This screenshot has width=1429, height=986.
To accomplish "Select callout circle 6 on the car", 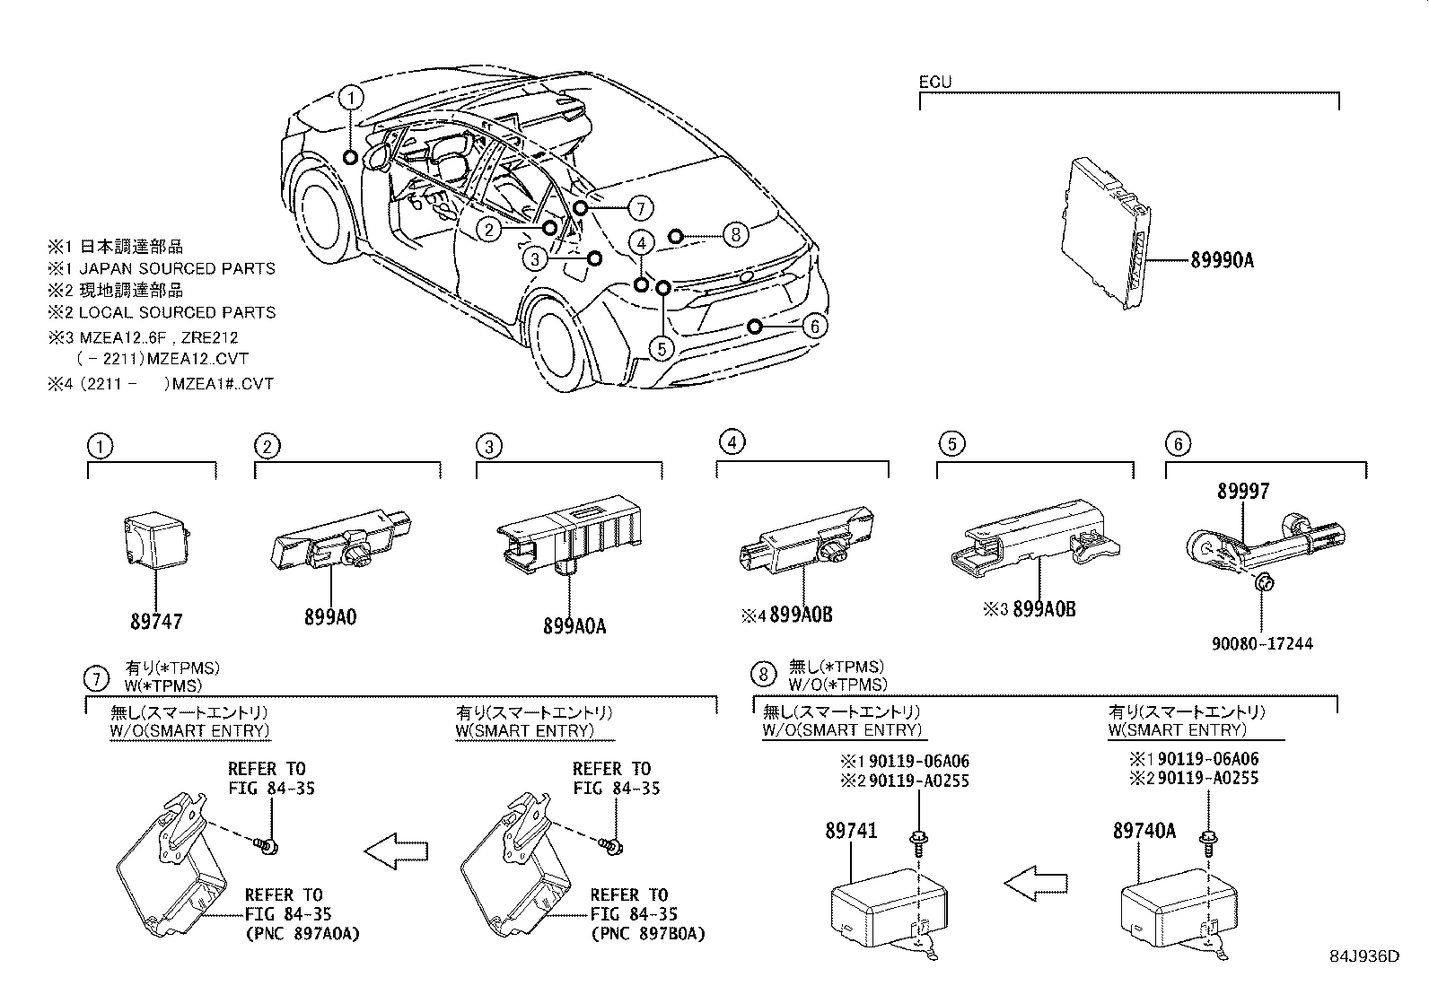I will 813,326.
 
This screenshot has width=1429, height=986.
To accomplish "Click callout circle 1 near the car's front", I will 352,98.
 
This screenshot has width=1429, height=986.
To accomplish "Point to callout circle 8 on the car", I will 735,236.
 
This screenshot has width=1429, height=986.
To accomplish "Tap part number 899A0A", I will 574,626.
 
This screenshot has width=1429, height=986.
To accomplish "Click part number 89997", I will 1243,492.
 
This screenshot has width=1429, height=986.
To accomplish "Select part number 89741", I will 851,832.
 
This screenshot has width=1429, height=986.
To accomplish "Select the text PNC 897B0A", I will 647,934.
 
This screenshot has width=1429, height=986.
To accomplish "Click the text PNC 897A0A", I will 302,934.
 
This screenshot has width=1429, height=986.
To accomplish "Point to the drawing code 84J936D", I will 1364,956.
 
